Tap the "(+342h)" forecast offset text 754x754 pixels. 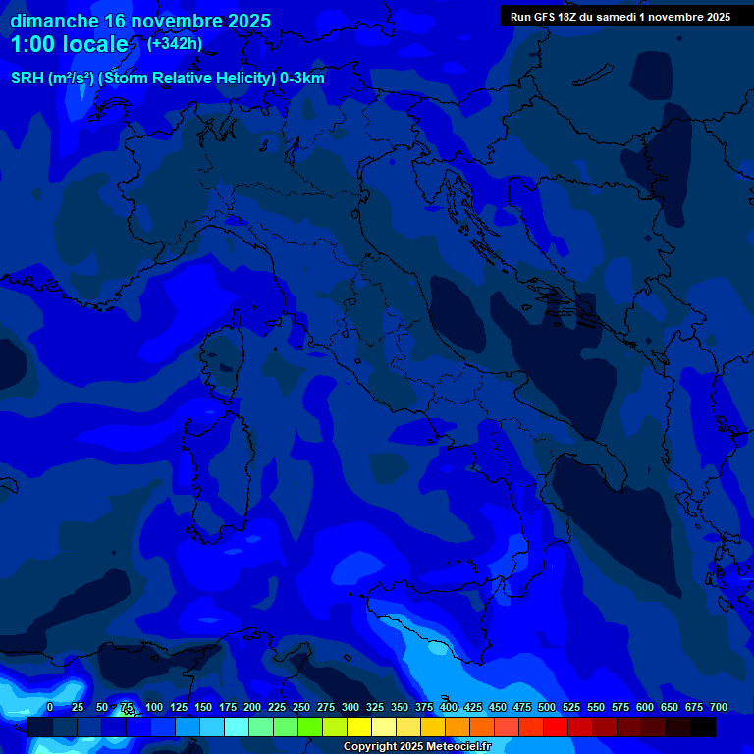pyautogui.click(x=175, y=43)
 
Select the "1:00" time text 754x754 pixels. pyautogui.click(x=31, y=44)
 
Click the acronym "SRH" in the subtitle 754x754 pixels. pyautogui.click(x=27, y=79)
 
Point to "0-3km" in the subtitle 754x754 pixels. pyautogui.click(x=302, y=79)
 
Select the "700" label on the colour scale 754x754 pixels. pyautogui.click(x=718, y=707)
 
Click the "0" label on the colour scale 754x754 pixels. pyautogui.click(x=50, y=707)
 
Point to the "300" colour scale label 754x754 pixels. pyautogui.click(x=350, y=707)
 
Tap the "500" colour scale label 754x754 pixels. pyautogui.click(x=547, y=707)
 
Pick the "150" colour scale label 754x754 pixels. pyautogui.click(x=203, y=707)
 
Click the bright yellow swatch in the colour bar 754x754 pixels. pyautogui.click(x=359, y=727)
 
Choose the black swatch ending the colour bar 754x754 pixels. pyautogui.click(x=703, y=727)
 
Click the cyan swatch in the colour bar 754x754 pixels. pyautogui.click(x=237, y=727)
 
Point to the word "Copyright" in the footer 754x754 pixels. pyautogui.click(x=372, y=747)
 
